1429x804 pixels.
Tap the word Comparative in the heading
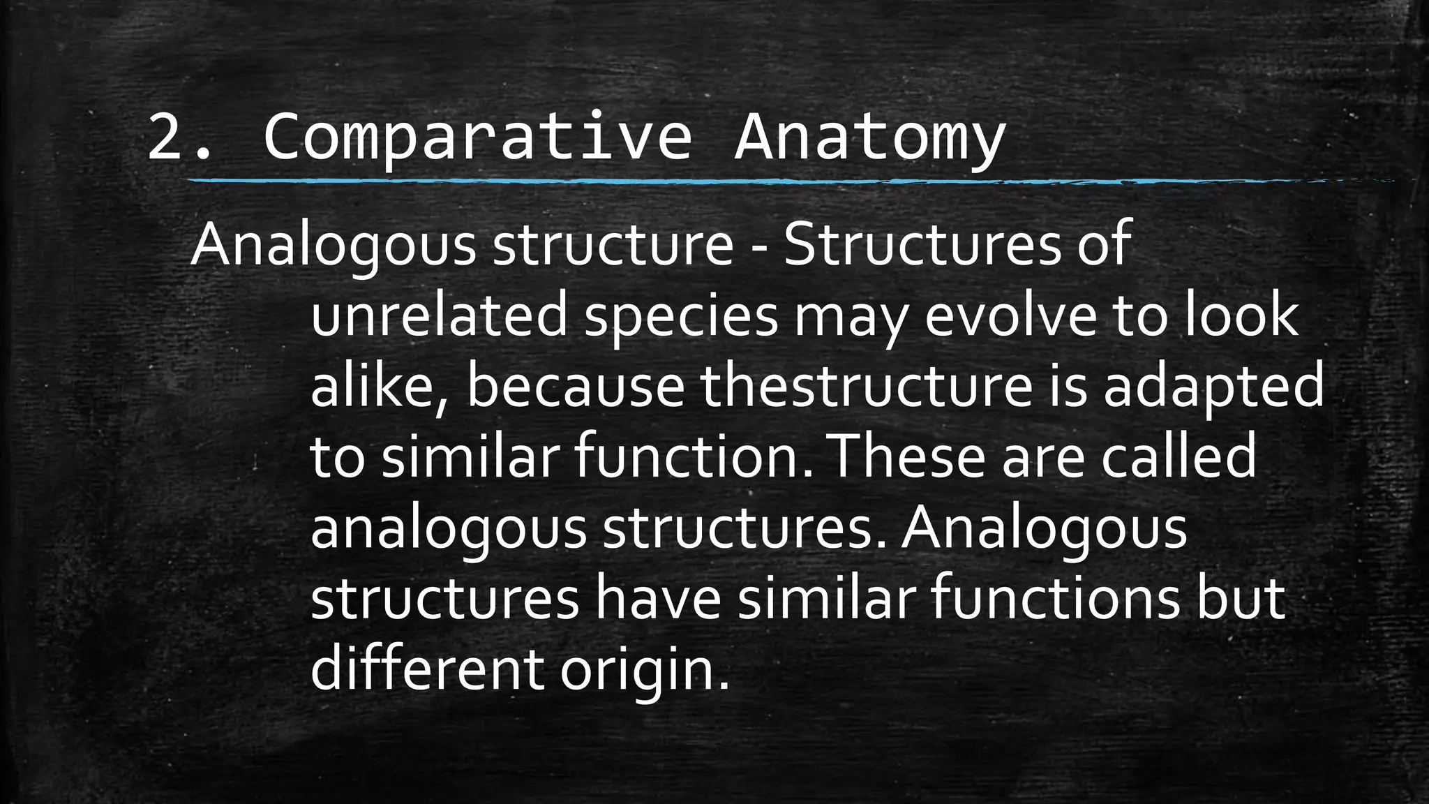pyautogui.click(x=477, y=138)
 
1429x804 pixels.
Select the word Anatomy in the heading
pyautogui.click(x=869, y=138)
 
